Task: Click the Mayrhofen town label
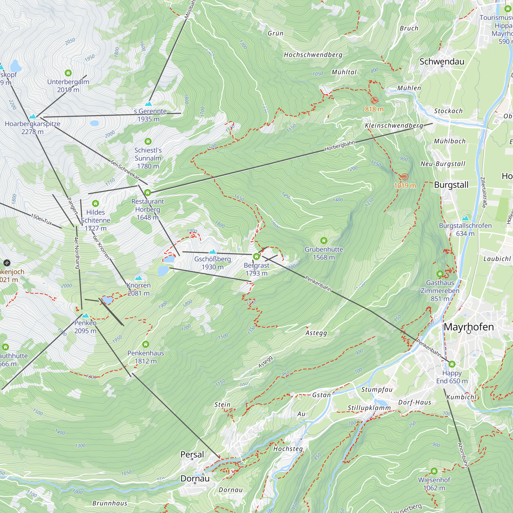click(x=469, y=327)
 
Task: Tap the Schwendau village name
click(x=442, y=61)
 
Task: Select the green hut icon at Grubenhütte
click(x=323, y=241)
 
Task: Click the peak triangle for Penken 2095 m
click(x=85, y=315)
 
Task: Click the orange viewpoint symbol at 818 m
click(x=374, y=100)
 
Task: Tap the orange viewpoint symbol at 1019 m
click(x=405, y=176)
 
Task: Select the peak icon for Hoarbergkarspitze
click(x=32, y=116)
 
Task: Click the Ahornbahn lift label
click(x=463, y=455)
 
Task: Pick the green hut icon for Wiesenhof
click(x=434, y=471)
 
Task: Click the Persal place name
click(x=192, y=454)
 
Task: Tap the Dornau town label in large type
click(x=195, y=478)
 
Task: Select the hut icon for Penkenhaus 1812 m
click(x=145, y=344)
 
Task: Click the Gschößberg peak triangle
click(x=212, y=251)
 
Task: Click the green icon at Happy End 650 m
click(x=452, y=364)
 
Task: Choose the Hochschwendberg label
click(x=313, y=55)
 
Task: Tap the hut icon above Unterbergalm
click(x=68, y=73)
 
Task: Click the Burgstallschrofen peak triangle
click(x=465, y=218)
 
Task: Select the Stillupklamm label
click(x=369, y=408)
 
